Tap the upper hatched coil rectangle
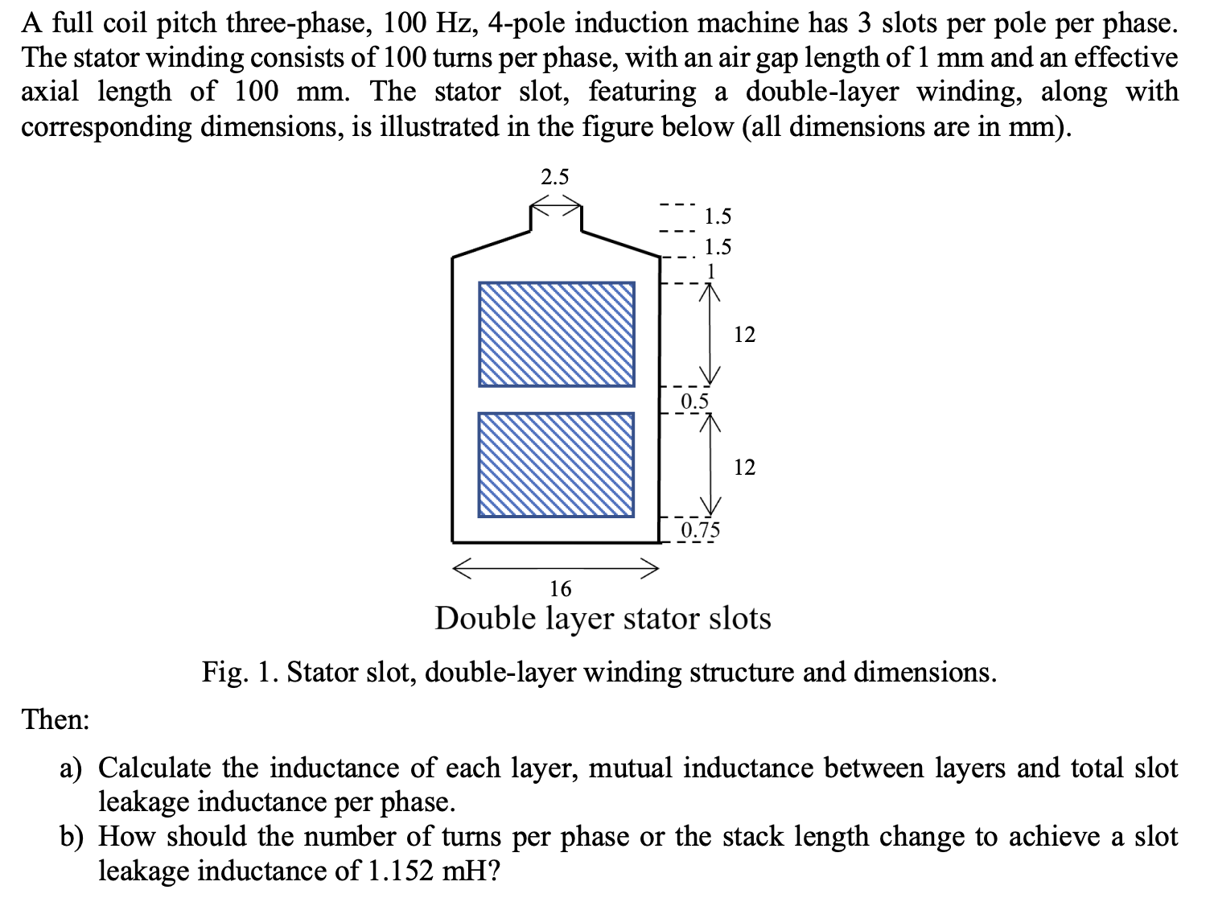(x=556, y=333)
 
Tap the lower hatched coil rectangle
(x=556, y=464)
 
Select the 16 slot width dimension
(x=560, y=589)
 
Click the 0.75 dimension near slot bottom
(x=701, y=529)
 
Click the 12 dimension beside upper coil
(x=745, y=335)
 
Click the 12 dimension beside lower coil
(x=745, y=467)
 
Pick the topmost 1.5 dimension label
(x=718, y=216)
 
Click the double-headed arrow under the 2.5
(x=554, y=204)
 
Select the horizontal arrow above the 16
(x=555, y=568)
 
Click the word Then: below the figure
(x=56, y=719)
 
